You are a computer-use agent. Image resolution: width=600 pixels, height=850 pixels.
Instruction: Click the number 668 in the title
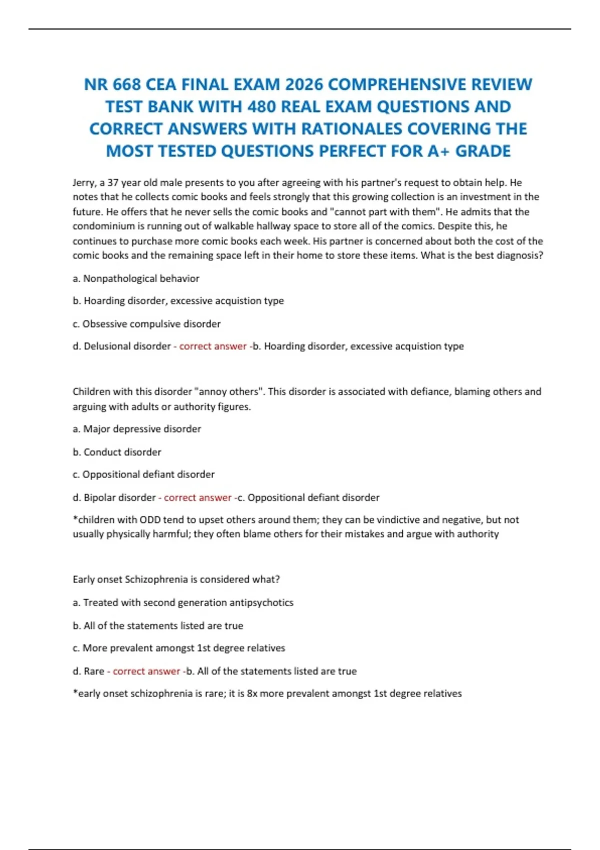pos(126,84)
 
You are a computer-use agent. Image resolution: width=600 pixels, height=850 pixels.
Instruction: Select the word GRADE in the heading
pos(482,151)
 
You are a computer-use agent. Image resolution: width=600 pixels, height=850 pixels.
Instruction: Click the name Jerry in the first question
pos(84,183)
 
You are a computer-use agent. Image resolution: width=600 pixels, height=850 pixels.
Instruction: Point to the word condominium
pos(104,226)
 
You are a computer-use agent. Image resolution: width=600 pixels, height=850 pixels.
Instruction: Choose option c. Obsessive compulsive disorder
pos(146,324)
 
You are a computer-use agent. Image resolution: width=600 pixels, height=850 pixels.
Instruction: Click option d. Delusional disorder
pos(121,346)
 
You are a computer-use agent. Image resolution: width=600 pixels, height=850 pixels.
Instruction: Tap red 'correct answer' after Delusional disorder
pos(212,346)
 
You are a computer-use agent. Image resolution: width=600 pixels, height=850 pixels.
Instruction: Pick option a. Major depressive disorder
pos(137,429)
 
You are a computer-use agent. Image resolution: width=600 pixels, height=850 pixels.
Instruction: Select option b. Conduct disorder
pos(117,452)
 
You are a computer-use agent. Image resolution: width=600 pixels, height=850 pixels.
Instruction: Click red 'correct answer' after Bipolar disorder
pos(197,497)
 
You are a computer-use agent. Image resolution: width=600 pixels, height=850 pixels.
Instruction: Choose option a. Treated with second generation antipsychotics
pos(183,602)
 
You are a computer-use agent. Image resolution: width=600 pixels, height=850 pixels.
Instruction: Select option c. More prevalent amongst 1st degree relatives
pos(179,648)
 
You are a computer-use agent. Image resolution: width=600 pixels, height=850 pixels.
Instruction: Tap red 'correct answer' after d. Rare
pos(146,671)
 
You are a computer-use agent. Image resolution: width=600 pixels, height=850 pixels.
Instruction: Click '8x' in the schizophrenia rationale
pos(252,693)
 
